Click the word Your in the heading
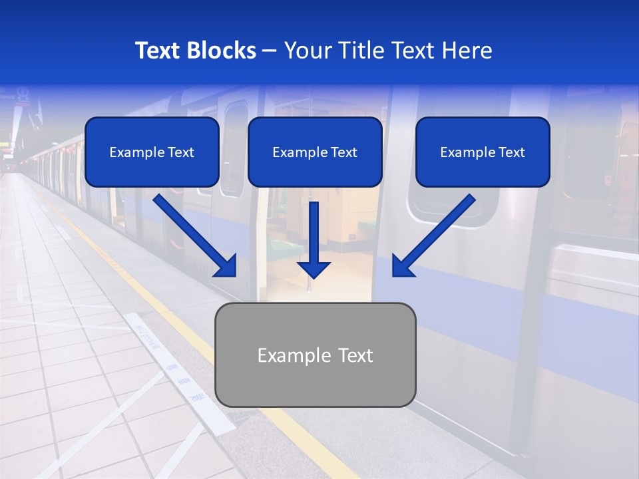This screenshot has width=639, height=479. [x=308, y=51]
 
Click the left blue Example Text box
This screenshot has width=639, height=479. [x=152, y=152]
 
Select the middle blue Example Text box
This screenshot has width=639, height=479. [x=315, y=152]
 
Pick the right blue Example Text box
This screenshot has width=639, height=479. [x=483, y=152]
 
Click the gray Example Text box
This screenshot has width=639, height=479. [x=316, y=355]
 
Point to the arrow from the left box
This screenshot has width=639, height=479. [x=193, y=233]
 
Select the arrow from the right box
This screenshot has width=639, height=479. [x=436, y=233]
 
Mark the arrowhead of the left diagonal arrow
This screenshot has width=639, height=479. [x=226, y=265]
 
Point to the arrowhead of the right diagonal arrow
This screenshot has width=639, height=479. [x=401, y=265]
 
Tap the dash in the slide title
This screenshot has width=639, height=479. [x=270, y=51]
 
